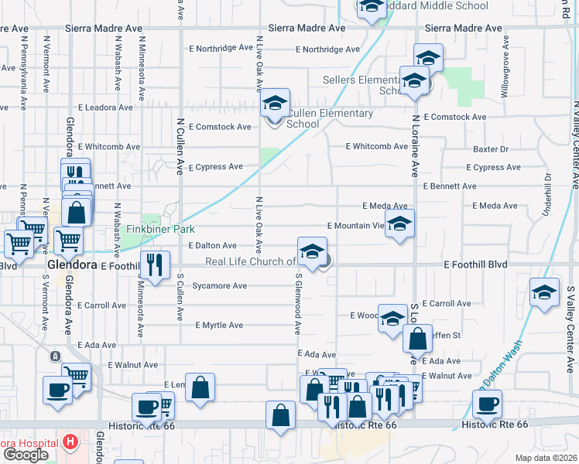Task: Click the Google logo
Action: click(x=25, y=455)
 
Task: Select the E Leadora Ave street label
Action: click(x=105, y=108)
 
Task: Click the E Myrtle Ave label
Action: click(x=219, y=326)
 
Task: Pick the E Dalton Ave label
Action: click(x=213, y=245)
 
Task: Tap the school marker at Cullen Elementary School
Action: click(x=274, y=104)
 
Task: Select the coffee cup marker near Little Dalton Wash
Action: click(x=488, y=403)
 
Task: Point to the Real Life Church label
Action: click(x=250, y=261)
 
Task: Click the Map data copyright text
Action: click(x=547, y=458)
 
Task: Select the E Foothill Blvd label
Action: click(x=475, y=264)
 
